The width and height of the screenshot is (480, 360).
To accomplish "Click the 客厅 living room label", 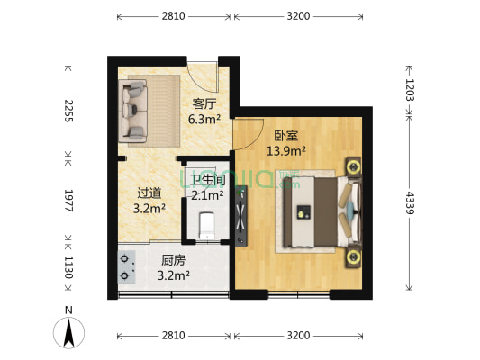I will [x=201, y=103].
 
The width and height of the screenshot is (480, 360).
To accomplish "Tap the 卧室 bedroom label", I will [x=286, y=137].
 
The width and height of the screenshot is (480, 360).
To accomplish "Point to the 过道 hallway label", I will [x=149, y=193].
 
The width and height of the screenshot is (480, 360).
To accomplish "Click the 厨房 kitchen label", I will [x=174, y=260].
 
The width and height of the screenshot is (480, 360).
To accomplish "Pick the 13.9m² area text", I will [x=285, y=151].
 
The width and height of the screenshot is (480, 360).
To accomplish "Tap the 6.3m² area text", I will [x=203, y=118].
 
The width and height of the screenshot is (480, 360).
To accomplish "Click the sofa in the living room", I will [x=136, y=112].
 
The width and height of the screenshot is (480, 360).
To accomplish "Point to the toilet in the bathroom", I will [x=205, y=223].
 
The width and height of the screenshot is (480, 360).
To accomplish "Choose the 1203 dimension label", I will [x=410, y=87].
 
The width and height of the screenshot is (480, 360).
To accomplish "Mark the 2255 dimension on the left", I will [x=68, y=112].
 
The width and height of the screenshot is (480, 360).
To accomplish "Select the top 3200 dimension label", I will [x=299, y=16].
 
